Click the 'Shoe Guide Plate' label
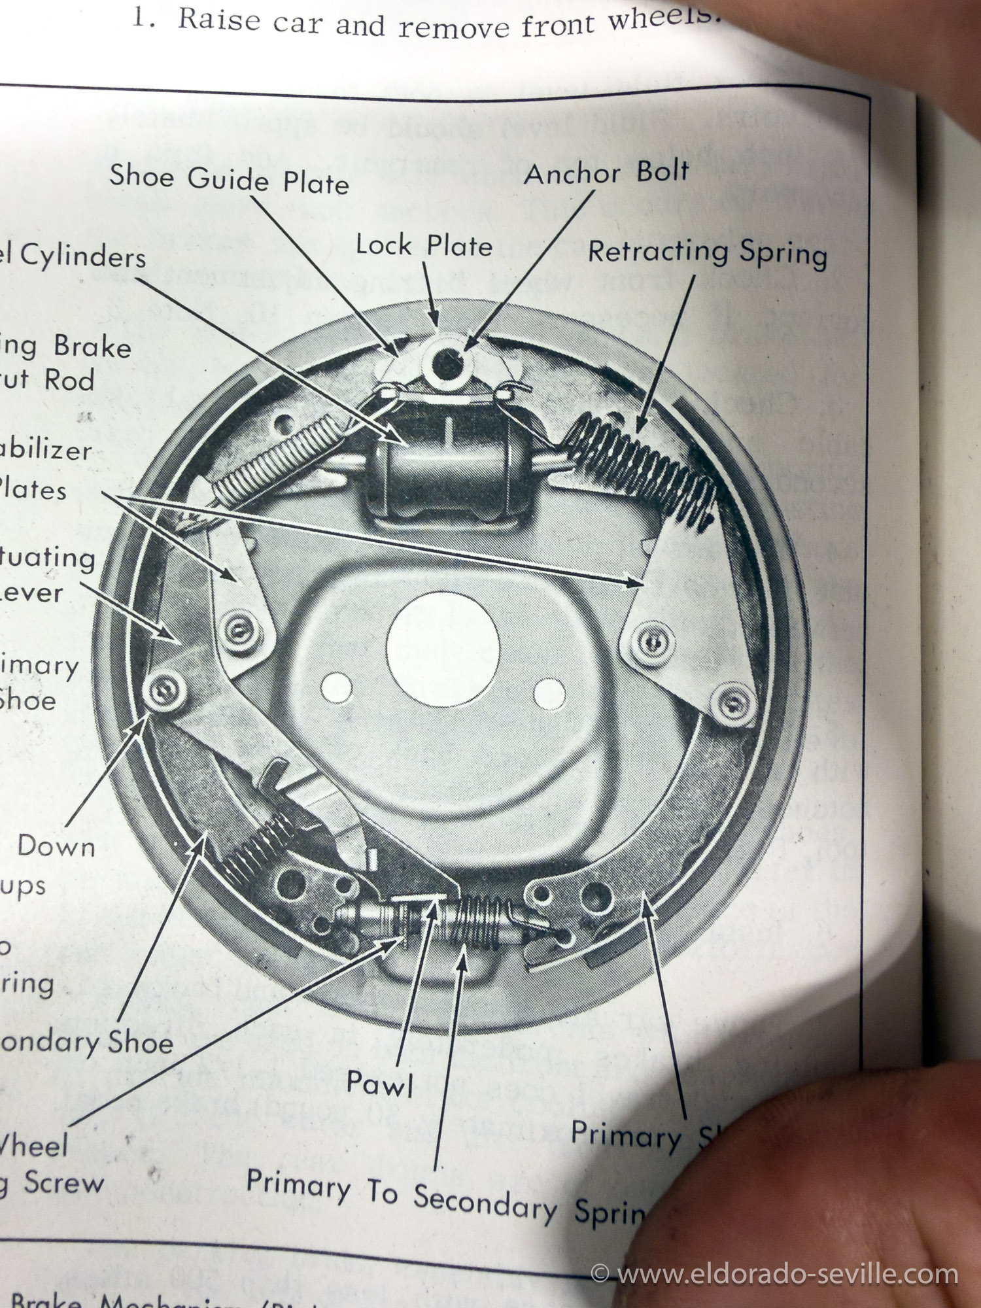point(229,179)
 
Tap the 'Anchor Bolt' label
point(606,173)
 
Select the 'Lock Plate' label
point(423,246)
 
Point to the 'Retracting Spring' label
point(707,252)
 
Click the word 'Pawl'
point(380,1083)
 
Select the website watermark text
point(774,1273)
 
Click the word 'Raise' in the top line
point(220,20)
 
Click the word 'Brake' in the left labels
point(92,346)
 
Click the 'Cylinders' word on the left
point(82,256)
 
